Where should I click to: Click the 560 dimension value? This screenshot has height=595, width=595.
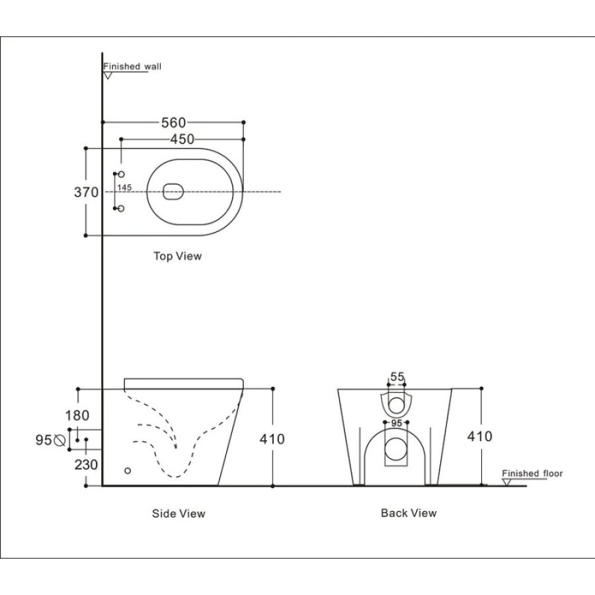pyautogui.click(x=173, y=122)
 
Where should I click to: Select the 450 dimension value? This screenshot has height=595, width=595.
pyautogui.click(x=182, y=139)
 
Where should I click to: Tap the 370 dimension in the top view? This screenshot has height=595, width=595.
pyautogui.click(x=86, y=192)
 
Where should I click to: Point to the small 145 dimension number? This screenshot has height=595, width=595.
pyautogui.click(x=124, y=188)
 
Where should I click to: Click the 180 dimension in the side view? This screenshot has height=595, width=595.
pyautogui.click(x=77, y=416)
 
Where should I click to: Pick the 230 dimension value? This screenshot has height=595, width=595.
pyautogui.click(x=86, y=465)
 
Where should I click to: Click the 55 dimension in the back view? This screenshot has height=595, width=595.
pyautogui.click(x=397, y=377)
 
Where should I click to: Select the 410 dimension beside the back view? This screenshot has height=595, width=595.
pyautogui.click(x=480, y=436)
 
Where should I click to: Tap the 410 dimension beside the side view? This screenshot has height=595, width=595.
pyautogui.click(x=272, y=439)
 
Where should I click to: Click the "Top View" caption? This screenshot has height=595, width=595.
pyautogui.click(x=178, y=256)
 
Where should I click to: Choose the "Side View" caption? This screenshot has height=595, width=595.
pyautogui.click(x=178, y=514)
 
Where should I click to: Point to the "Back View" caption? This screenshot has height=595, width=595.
pyautogui.click(x=409, y=513)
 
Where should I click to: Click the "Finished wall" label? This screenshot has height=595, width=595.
pyautogui.click(x=132, y=66)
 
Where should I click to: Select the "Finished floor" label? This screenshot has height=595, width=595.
pyautogui.click(x=532, y=473)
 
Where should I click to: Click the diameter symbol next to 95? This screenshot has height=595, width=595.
pyautogui.click(x=59, y=440)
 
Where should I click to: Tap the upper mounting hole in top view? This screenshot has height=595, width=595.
pyautogui.click(x=121, y=174)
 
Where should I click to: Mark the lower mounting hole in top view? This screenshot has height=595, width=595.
pyautogui.click(x=121, y=208)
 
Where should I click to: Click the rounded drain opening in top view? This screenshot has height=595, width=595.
pyautogui.click(x=173, y=192)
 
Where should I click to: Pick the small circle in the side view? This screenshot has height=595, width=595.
pyautogui.click(x=128, y=471)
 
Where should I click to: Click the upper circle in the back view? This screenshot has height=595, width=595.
pyautogui.click(x=397, y=405)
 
